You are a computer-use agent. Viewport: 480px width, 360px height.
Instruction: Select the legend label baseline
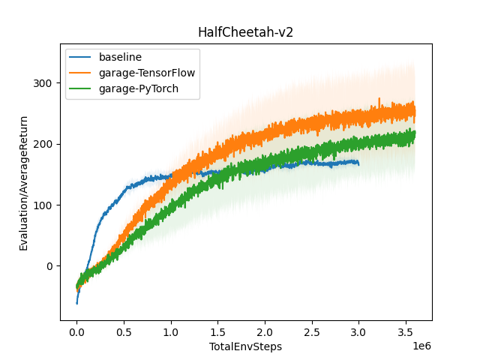120,57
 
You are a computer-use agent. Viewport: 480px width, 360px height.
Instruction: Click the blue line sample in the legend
82,57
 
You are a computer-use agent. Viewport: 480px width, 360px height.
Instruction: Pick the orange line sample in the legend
82,73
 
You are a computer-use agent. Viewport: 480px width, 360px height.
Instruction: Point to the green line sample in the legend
82,88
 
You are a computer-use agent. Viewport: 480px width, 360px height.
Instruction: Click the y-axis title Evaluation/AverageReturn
24,183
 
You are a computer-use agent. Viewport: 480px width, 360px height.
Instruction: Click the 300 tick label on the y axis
44,83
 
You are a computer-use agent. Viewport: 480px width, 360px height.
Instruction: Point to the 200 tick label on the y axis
44,144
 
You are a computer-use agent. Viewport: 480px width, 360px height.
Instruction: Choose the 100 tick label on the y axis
44,205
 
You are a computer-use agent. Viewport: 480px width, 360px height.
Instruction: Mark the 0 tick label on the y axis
49,266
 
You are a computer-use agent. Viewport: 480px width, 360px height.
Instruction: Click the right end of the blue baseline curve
358,163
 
